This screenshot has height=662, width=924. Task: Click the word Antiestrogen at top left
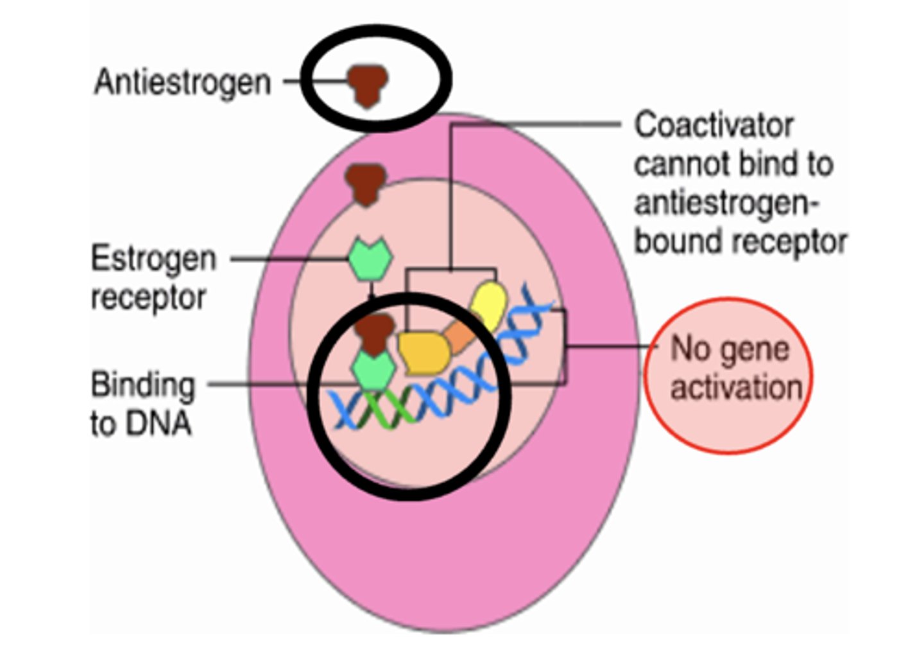182,83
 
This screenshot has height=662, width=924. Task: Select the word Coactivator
714,125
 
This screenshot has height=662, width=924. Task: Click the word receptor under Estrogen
148,299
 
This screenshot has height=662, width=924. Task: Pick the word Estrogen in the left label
153,259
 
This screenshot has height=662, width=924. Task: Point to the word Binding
142,385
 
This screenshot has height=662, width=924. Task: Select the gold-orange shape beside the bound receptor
424,352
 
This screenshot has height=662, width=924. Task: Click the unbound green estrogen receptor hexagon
370,259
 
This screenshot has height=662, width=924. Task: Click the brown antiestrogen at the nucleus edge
366,184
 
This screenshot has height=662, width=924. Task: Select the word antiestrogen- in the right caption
727,204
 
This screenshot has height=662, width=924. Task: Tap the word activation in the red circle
737,388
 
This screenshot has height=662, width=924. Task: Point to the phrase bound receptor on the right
741,242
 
